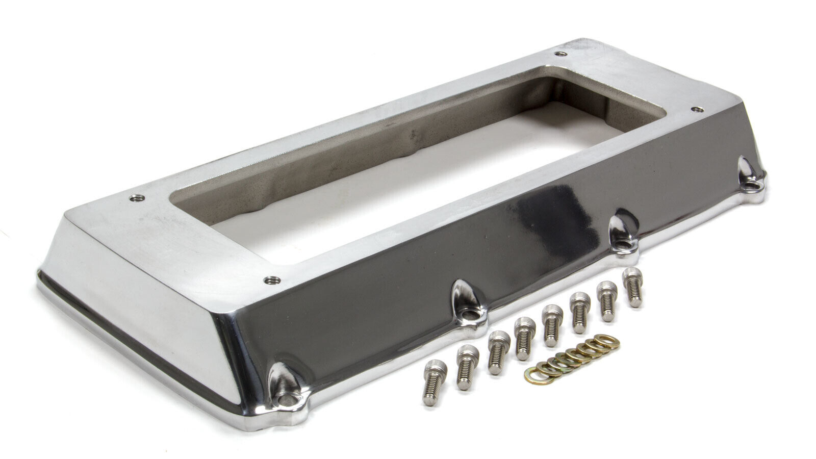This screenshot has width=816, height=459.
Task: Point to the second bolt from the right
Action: (x=606, y=300)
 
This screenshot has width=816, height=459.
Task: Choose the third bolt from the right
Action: (x=579, y=312)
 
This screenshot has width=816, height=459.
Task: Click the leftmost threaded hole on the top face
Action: (x=136, y=198)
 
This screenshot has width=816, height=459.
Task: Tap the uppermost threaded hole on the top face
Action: (x=561, y=54)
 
